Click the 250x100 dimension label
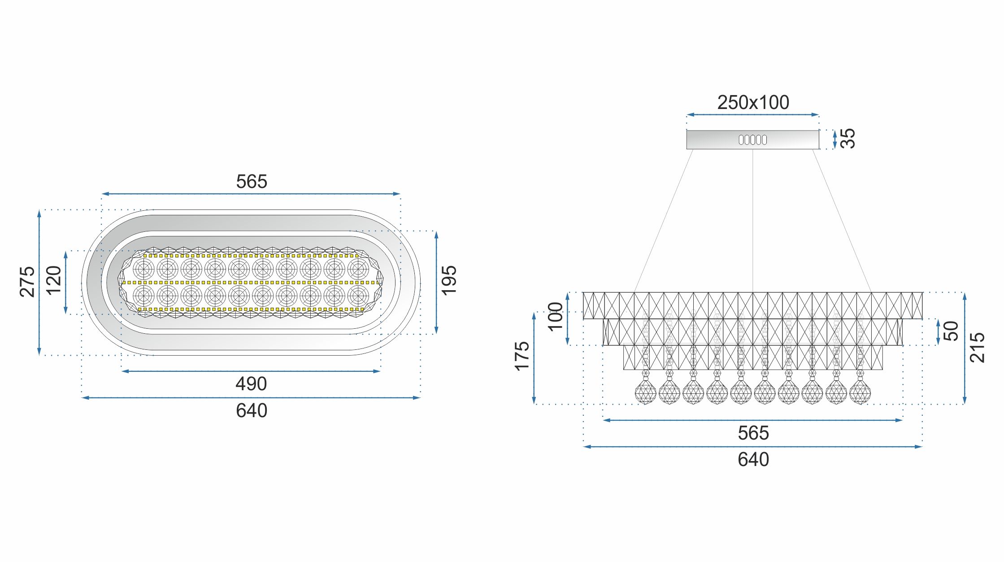[x=753, y=103]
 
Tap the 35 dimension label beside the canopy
[x=847, y=138]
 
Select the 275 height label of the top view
[x=27, y=282]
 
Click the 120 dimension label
[x=53, y=280]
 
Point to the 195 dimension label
[x=448, y=281]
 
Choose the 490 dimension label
[x=251, y=384]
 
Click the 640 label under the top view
[x=251, y=411]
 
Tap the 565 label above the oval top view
[x=251, y=182]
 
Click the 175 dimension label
[x=522, y=357]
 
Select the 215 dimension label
[x=977, y=348]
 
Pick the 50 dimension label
[x=951, y=331]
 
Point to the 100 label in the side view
[x=555, y=317]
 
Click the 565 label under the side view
[x=753, y=433]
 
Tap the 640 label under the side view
[x=753, y=460]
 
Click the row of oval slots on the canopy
[x=752, y=140]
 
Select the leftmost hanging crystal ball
[x=645, y=392]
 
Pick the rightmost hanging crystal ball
[x=860, y=392]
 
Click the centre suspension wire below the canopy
[x=752, y=220]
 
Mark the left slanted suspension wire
[x=664, y=220]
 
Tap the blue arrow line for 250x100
[x=753, y=115]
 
